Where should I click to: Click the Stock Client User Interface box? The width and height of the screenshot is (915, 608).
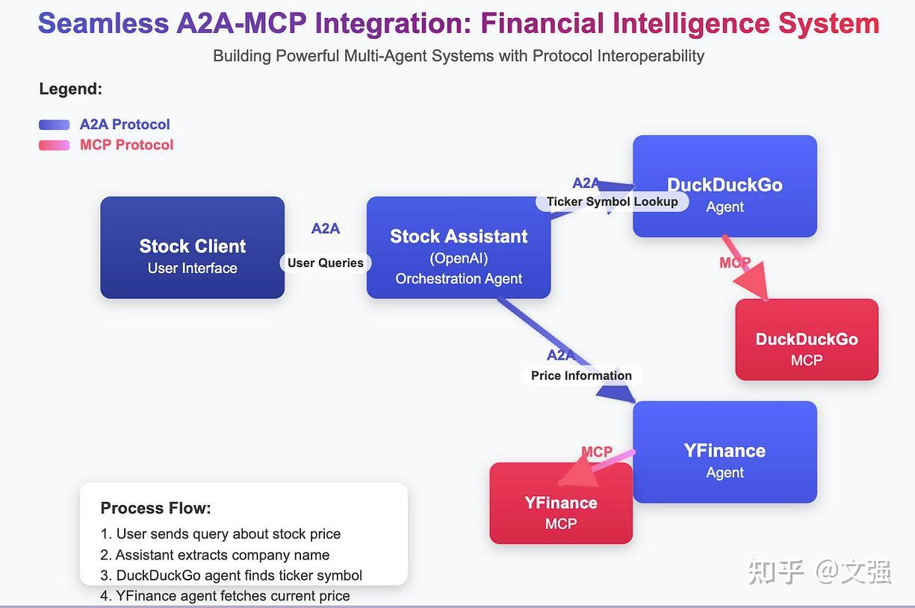click(192, 248)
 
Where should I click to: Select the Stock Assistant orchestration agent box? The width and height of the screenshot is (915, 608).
click(458, 248)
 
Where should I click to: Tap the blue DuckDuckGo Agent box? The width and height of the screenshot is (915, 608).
click(725, 187)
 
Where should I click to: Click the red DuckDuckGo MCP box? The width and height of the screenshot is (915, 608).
click(806, 340)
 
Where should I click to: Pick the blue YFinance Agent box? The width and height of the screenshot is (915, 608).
click(725, 452)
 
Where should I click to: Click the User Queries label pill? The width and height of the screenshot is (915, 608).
click(325, 263)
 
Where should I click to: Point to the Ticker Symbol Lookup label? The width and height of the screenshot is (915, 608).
click(612, 201)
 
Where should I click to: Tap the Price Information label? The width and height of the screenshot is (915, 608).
click(581, 375)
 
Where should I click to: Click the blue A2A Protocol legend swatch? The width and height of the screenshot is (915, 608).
click(55, 125)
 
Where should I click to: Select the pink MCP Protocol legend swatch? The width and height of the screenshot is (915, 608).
click(55, 145)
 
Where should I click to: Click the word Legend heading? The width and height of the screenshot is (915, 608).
click(70, 90)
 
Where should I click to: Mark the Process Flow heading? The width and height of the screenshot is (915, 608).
click(155, 508)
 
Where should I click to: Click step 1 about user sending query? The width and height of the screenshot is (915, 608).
click(220, 534)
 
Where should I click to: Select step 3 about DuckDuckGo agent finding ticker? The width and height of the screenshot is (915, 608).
click(232, 575)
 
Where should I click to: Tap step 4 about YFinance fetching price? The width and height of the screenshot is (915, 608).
click(225, 595)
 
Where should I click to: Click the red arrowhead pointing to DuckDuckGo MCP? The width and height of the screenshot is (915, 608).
click(753, 285)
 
